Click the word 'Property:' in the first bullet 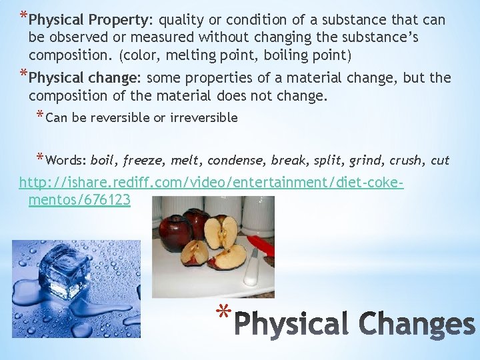[x=123, y=19]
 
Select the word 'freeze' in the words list [x=145, y=161]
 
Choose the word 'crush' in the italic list [x=407, y=161]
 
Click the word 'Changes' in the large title [x=416, y=325]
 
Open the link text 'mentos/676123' [x=79, y=199]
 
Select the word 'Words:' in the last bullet [x=67, y=161]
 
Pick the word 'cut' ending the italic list [x=440, y=161]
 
